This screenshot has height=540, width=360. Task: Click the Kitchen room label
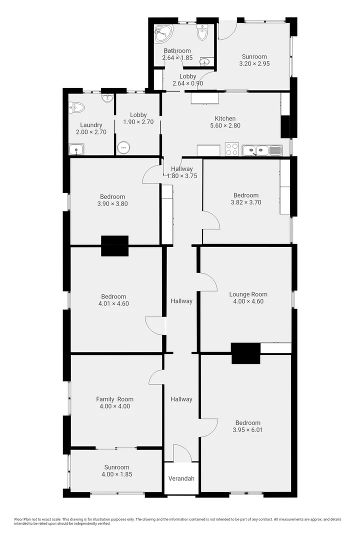225,118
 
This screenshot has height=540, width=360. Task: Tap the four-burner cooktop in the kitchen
231,149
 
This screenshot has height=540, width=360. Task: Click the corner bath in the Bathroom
162,33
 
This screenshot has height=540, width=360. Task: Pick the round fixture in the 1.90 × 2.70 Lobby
123,147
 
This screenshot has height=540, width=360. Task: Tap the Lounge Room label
248,294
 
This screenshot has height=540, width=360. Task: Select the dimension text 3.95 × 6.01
247,429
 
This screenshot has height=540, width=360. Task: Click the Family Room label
115,399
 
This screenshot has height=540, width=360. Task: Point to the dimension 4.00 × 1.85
117,474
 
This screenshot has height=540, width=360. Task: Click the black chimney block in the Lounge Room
245,353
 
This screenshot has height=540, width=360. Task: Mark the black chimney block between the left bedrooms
114,245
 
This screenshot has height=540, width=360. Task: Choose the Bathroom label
177,51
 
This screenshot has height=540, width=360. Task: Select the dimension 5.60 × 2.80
225,125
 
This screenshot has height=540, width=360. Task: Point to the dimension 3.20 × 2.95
254,64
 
